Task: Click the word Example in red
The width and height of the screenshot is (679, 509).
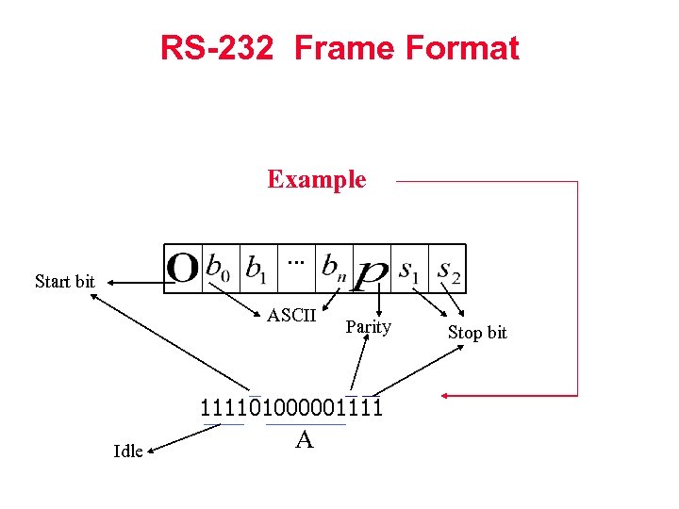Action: point(316,179)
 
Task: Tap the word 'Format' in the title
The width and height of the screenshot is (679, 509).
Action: point(468,48)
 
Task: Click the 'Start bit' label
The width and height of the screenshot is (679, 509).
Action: point(64,281)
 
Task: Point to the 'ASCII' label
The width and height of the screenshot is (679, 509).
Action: point(291,315)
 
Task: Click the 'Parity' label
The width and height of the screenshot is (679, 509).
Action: point(369,327)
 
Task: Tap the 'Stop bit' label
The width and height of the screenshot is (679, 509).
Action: point(477,332)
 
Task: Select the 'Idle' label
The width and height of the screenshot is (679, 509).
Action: point(128,451)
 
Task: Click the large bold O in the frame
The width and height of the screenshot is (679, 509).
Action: point(182,269)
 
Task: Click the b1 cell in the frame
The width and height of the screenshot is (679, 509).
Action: point(256,269)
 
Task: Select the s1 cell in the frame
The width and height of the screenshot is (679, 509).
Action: point(409,270)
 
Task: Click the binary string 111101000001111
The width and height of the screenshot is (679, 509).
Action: point(290,408)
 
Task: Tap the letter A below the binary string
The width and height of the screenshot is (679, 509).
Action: point(304,439)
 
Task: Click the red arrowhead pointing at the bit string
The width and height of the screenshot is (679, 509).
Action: point(454,394)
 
